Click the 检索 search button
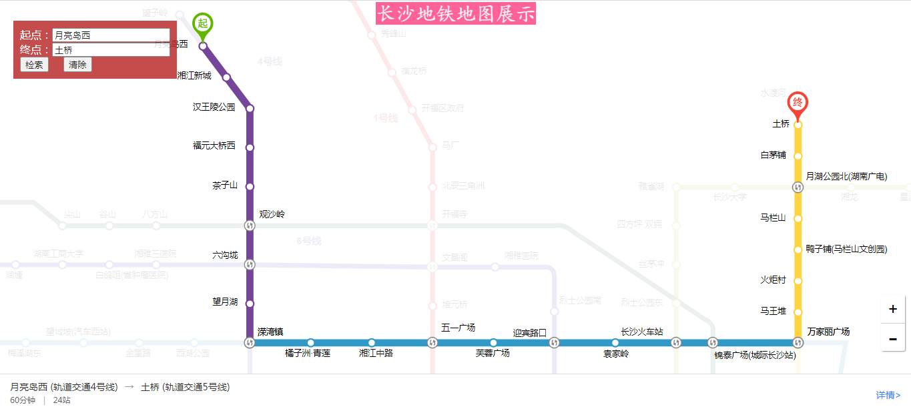pos(34,65)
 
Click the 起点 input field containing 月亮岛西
pos(111,35)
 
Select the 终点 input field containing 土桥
pos(111,50)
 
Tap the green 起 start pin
pos(203,23)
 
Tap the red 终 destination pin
pos(798,103)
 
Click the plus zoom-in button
pos(892,310)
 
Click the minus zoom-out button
pos(892,338)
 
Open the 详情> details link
pos(888,395)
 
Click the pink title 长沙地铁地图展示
pos(456,14)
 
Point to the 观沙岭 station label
pos(272,214)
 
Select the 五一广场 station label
pos(458,328)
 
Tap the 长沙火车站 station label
pos(641,332)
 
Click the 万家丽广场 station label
pos(828,332)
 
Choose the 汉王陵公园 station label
pos(214,107)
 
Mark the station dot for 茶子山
pos(250,186)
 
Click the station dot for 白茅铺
pos(798,155)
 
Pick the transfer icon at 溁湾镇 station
pos(250,343)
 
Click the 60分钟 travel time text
pos(23,400)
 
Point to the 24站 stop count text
pos(61,400)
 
